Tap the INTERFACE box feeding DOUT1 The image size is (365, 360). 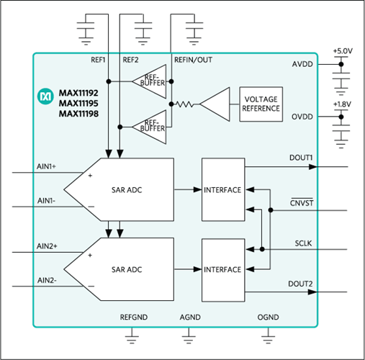click(222, 190)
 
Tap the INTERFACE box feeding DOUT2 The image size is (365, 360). click(222, 269)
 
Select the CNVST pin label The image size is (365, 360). click(301, 203)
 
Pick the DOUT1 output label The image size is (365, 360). click(300, 158)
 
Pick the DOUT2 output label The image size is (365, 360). click(300, 283)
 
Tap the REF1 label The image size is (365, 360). click(98, 60)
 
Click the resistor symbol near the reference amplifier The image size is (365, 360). click(185, 105)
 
